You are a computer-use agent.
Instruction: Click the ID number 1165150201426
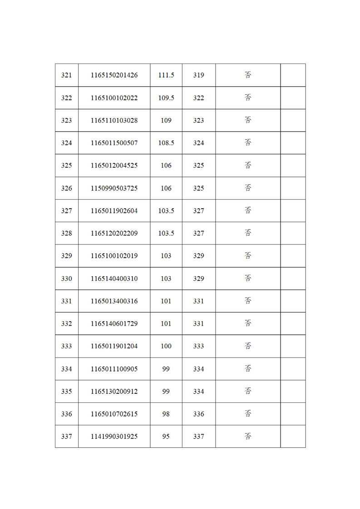click(114, 75)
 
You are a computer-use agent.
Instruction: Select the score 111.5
click(166, 75)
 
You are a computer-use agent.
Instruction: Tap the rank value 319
click(198, 75)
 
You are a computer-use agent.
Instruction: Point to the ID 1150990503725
click(114, 188)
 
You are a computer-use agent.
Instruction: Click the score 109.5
click(166, 98)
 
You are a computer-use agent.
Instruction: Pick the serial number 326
click(66, 188)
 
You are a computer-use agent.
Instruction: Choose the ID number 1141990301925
click(114, 437)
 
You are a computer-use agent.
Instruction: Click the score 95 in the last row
click(166, 437)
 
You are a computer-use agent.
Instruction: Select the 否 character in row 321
click(248, 75)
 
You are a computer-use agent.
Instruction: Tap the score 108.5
click(166, 143)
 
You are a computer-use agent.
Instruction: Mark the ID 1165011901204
click(114, 346)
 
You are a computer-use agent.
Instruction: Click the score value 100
click(166, 346)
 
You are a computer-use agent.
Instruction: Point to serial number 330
click(66, 279)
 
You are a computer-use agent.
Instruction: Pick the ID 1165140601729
click(114, 324)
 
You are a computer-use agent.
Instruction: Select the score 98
click(166, 414)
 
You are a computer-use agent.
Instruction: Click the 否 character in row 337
click(248, 436)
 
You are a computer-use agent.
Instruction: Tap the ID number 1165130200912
click(114, 392)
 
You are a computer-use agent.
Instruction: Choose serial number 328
click(66, 234)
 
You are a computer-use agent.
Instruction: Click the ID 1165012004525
click(114, 166)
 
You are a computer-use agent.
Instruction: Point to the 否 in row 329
click(248, 256)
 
